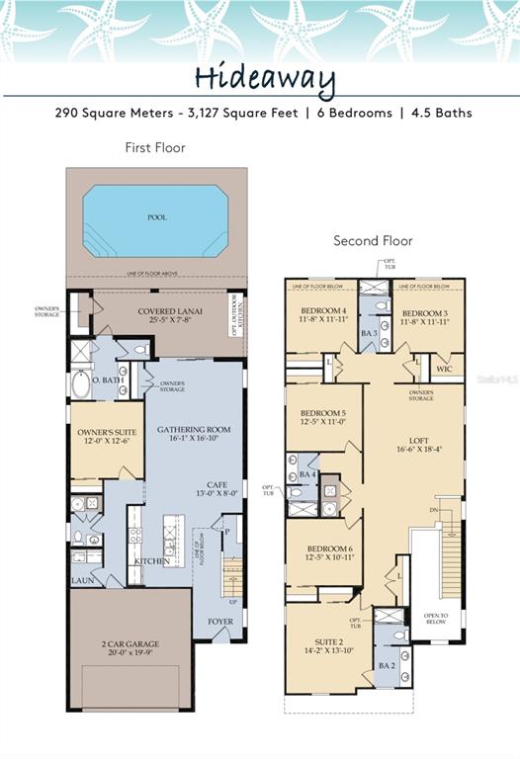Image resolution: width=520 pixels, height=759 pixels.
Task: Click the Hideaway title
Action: [x=264, y=80]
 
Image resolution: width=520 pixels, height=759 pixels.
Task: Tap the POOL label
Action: [x=156, y=217]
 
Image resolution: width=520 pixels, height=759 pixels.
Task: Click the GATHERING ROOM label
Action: [x=194, y=430]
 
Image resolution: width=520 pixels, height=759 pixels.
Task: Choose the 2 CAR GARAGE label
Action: [x=130, y=643]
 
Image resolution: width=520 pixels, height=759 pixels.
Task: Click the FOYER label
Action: [x=220, y=622]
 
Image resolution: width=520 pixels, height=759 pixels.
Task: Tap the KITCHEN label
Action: [x=151, y=561]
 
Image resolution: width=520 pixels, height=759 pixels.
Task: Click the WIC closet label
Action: [x=445, y=369]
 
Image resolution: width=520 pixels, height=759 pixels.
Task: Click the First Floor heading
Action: [x=155, y=147]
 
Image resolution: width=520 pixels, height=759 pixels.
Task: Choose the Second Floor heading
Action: [x=373, y=240]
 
